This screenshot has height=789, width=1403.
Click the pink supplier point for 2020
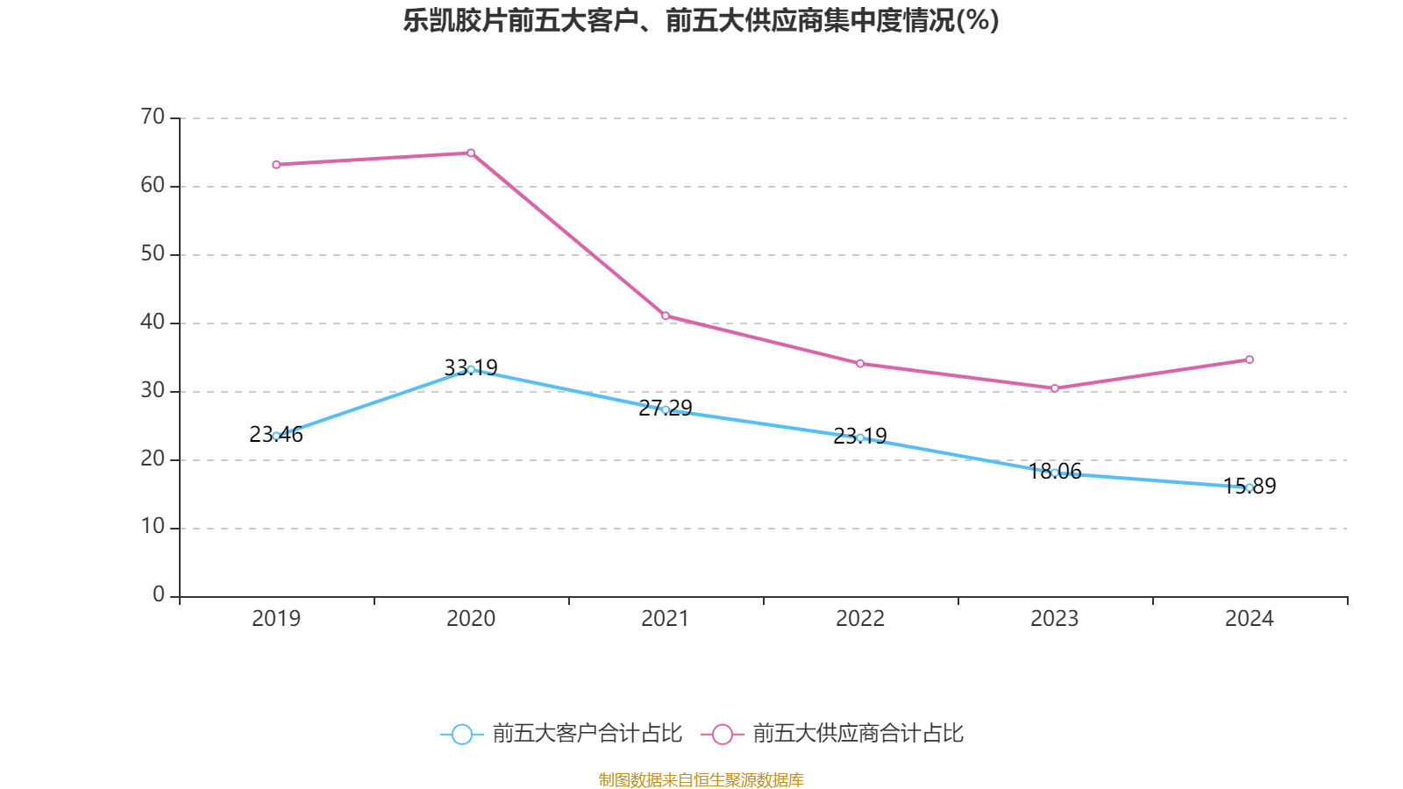pos(471,153)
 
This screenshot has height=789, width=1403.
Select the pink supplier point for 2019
pos(276,165)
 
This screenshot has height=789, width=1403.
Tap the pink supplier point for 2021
pos(666,316)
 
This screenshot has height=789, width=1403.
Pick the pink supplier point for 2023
pos(1055,388)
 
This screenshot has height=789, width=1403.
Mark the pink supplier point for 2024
pos(1250,359)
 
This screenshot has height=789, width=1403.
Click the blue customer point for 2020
pos(471,369)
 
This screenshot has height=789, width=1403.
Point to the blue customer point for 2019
pos(276,436)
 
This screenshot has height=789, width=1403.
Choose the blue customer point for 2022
pos(860,437)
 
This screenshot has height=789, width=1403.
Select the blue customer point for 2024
pos(1250,487)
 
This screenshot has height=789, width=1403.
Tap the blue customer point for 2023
pos(1055,473)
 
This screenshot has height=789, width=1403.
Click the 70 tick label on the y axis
pos(153,117)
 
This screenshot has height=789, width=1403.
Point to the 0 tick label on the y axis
pos(159,595)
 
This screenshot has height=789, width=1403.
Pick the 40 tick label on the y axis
pos(153,322)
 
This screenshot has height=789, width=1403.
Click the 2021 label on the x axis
pos(666,619)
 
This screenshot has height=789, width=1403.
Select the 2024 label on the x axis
pos(1250,619)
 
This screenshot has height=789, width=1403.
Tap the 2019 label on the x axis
pos(276,619)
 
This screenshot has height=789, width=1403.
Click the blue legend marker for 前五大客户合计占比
pos(462,735)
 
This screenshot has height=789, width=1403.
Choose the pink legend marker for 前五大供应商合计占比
pos(723,735)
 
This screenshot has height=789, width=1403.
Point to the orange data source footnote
pos(701,779)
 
